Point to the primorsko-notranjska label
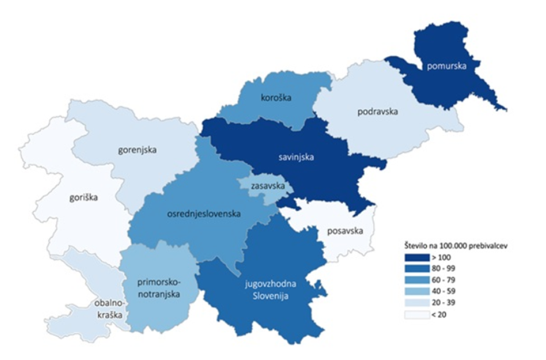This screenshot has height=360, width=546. pyautogui.click(x=158, y=288)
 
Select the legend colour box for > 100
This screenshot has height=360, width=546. pyautogui.click(x=417, y=257)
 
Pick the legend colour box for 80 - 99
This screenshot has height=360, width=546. pyautogui.click(x=417, y=268)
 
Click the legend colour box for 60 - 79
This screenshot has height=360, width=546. pyautogui.click(x=417, y=280)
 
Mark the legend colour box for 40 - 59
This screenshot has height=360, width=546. pyautogui.click(x=417, y=291)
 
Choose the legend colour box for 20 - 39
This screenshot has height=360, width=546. pyautogui.click(x=417, y=303)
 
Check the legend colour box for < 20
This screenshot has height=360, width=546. pyautogui.click(x=417, y=315)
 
